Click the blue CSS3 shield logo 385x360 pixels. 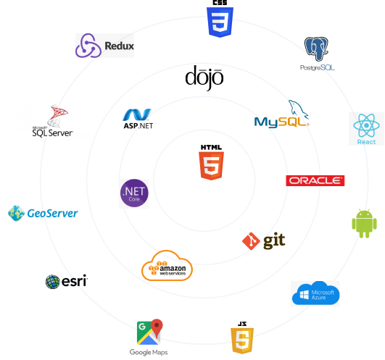220,22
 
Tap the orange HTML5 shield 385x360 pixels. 211,166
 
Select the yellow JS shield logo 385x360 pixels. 242,340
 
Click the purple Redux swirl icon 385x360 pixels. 88,46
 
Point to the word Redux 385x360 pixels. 120,46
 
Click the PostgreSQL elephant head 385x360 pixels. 316,49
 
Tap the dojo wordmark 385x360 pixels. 204,78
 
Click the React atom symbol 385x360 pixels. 366,125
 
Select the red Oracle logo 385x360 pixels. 315,181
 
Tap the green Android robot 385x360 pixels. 364,223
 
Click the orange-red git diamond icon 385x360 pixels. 251,241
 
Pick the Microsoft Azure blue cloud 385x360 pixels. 315,293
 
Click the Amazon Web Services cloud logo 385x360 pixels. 167,266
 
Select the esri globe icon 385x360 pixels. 52,282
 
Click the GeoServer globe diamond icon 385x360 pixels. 16,213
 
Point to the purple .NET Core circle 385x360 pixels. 134,193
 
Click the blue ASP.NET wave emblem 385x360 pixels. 137,114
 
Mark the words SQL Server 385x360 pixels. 52,133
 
